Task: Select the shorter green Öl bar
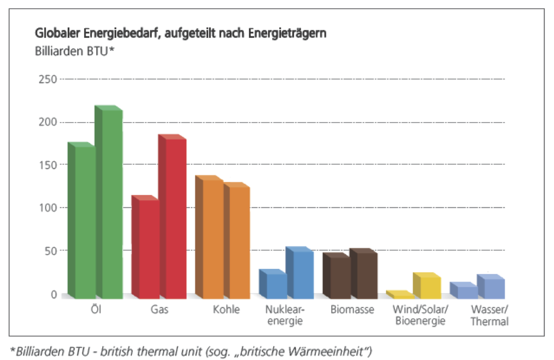[84, 222]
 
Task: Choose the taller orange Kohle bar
[212, 239]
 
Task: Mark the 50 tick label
[51, 250]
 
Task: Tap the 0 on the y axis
[54, 294]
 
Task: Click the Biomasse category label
[352, 310]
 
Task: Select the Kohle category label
[226, 310]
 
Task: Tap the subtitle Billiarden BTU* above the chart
[73, 52]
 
